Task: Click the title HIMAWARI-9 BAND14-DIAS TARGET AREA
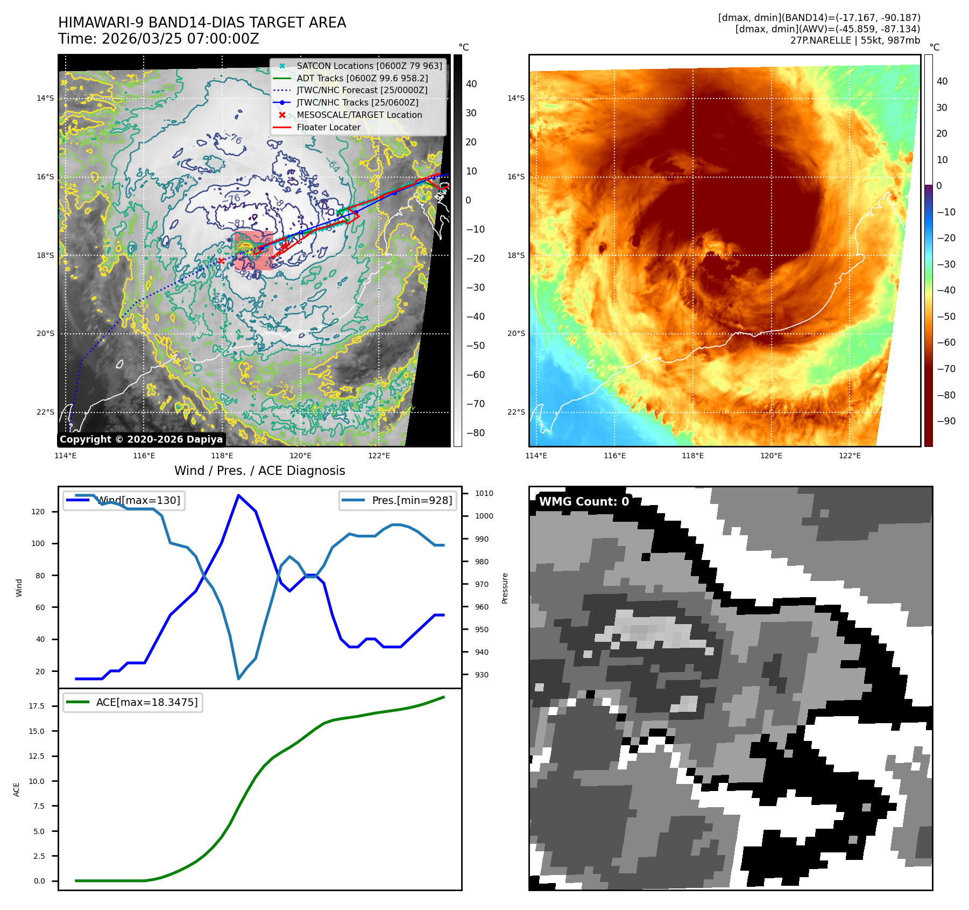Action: (202, 23)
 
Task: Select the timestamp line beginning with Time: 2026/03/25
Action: (159, 39)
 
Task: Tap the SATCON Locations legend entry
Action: (369, 66)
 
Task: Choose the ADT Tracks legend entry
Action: (362, 78)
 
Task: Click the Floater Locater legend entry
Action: (328, 127)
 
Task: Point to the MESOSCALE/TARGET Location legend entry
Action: (359, 115)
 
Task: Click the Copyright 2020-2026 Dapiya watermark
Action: (141, 439)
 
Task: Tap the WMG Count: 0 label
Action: (584, 501)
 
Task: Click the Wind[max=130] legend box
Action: (124, 500)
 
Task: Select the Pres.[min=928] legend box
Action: (398, 500)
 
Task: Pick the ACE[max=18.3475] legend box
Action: (133, 702)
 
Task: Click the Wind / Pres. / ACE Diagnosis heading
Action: (259, 471)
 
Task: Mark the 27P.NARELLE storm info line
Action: (855, 40)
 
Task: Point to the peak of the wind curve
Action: (238, 495)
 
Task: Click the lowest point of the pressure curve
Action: (238, 678)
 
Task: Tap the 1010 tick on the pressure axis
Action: (484, 493)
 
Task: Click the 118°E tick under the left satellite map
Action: (222, 456)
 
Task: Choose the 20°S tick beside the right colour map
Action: (515, 333)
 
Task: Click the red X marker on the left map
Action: (221, 261)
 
